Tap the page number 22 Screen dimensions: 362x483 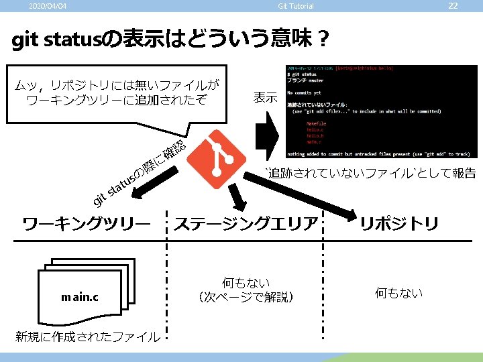[x=453, y=6]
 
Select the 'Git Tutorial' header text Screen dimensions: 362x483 [x=295, y=7]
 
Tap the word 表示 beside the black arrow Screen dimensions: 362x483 [x=265, y=98]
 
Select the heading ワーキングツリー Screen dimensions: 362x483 [x=87, y=224]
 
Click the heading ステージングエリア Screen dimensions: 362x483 [x=246, y=224]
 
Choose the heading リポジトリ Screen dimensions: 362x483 [x=399, y=224]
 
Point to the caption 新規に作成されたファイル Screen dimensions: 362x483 [x=88, y=337]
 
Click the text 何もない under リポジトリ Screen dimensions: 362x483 [x=398, y=292]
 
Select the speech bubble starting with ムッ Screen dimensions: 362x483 [x=118, y=93]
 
